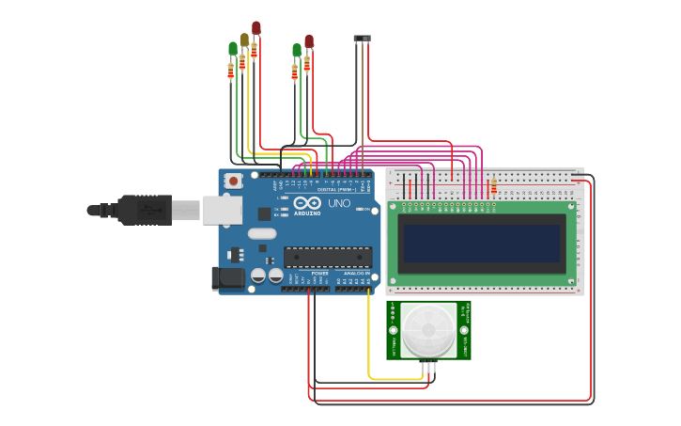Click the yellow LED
tap(244, 39)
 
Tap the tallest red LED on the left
tap(255, 28)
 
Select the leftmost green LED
tap(233, 48)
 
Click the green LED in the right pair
tap(297, 49)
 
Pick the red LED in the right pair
tap(308, 41)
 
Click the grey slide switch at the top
tap(362, 39)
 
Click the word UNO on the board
tap(338, 203)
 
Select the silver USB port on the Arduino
tap(223, 210)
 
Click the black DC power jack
tap(227, 276)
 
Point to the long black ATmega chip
tap(327, 257)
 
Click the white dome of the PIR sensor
tap(428, 329)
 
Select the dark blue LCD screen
tap(481, 244)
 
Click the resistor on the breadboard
tap(494, 187)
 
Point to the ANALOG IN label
tap(357, 274)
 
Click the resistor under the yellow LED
tap(242, 62)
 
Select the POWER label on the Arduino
tap(319, 274)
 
